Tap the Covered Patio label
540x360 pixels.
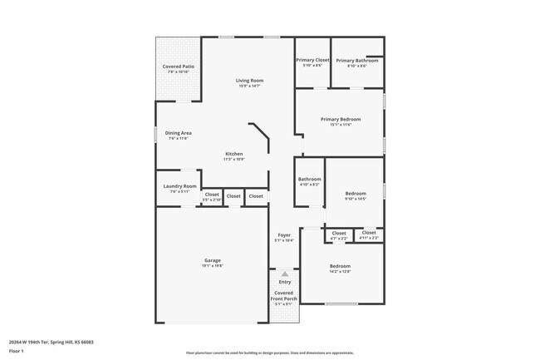coord(178,67)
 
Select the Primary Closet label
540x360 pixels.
coord(312,60)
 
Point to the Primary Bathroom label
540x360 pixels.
coord(357,60)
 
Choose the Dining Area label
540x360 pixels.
coord(179,133)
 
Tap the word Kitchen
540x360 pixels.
coord(234,154)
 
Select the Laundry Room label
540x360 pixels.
coord(179,186)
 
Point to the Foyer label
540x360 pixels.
coord(284,235)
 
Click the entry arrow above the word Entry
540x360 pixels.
coord(284,274)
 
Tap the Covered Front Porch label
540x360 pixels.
coord(284,295)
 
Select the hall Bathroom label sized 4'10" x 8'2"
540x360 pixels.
coord(309,179)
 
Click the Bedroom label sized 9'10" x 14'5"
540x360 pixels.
coord(355,194)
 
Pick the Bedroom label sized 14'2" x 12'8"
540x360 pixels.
coord(340,266)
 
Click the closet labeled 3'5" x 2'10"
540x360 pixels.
coord(212,196)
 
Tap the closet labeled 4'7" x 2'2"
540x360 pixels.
coord(339,234)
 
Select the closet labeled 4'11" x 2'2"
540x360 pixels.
coord(369,234)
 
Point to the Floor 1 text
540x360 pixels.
coord(16,352)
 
